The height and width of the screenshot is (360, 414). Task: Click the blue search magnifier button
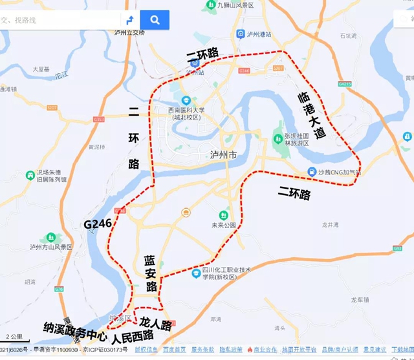[x=155, y=19]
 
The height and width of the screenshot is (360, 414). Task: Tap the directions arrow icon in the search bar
[x=130, y=19]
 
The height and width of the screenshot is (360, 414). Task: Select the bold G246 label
[x=98, y=224]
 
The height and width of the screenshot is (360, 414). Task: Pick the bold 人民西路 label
[x=133, y=337]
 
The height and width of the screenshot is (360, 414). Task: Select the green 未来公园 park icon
[x=223, y=214]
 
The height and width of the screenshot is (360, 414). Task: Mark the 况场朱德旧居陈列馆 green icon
[x=30, y=176]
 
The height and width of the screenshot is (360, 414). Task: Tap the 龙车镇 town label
[x=360, y=301]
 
